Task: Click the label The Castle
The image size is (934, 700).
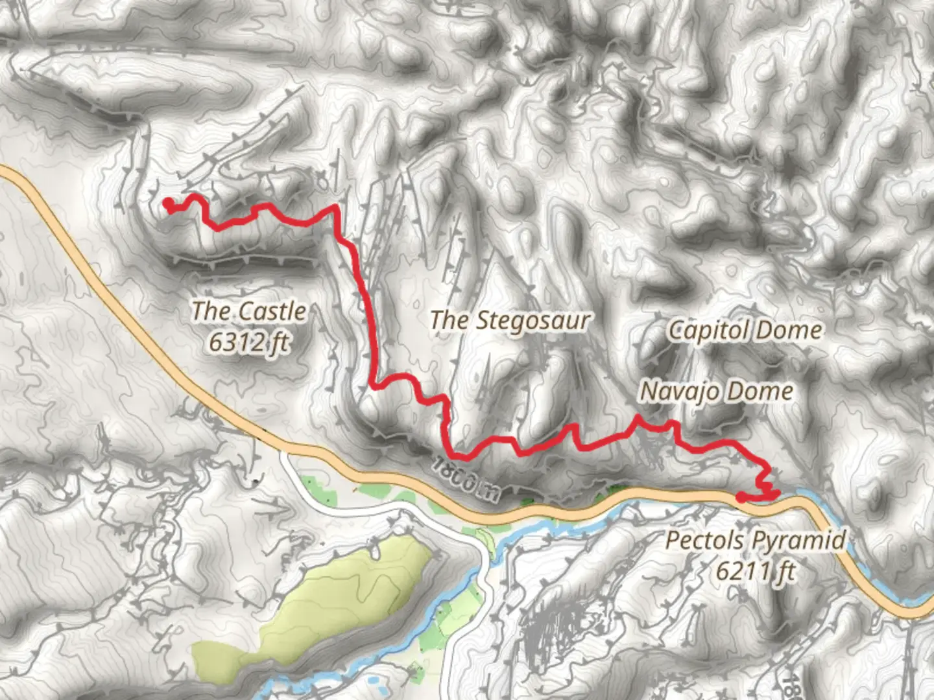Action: [x=249, y=311]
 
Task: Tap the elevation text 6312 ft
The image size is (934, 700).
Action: [x=249, y=342]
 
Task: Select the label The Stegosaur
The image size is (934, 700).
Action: [x=510, y=320]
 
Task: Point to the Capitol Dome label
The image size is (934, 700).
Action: [x=745, y=330]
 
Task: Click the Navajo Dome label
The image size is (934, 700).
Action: [x=717, y=391]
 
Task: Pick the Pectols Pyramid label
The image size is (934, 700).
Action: [x=756, y=539]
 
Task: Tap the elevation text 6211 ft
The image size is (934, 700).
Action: [x=756, y=571]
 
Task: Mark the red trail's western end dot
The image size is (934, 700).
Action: [x=168, y=204]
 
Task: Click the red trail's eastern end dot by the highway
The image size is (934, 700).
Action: [x=741, y=497]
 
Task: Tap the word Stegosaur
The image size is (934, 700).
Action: [x=533, y=320]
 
